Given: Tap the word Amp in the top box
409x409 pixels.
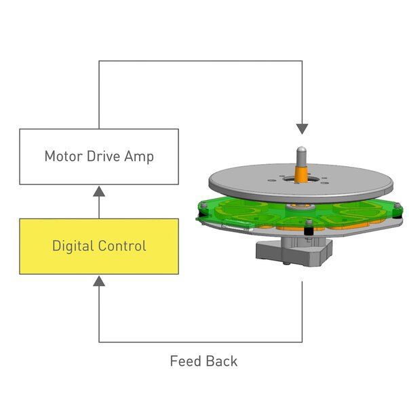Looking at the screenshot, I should pyautogui.click(x=140, y=157).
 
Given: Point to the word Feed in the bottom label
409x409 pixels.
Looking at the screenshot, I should pyautogui.click(x=184, y=361).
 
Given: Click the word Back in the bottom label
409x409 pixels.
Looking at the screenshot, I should pyautogui.click(x=223, y=361).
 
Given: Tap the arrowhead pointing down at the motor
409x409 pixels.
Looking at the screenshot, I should pyautogui.click(x=302, y=128).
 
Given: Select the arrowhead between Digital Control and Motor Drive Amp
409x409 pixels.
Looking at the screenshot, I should pyautogui.click(x=99, y=191).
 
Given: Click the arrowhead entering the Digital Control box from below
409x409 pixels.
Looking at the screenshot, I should pyautogui.click(x=99, y=280).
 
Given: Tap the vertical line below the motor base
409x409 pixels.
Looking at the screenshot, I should pyautogui.click(x=302, y=312).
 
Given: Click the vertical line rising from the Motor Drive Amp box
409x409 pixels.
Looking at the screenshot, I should pyautogui.click(x=99, y=95).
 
